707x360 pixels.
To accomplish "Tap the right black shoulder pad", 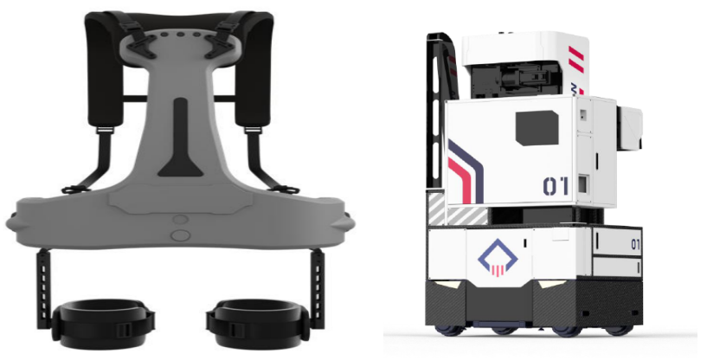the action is tap(254, 67).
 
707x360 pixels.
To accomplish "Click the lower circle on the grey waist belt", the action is tap(181, 235).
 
